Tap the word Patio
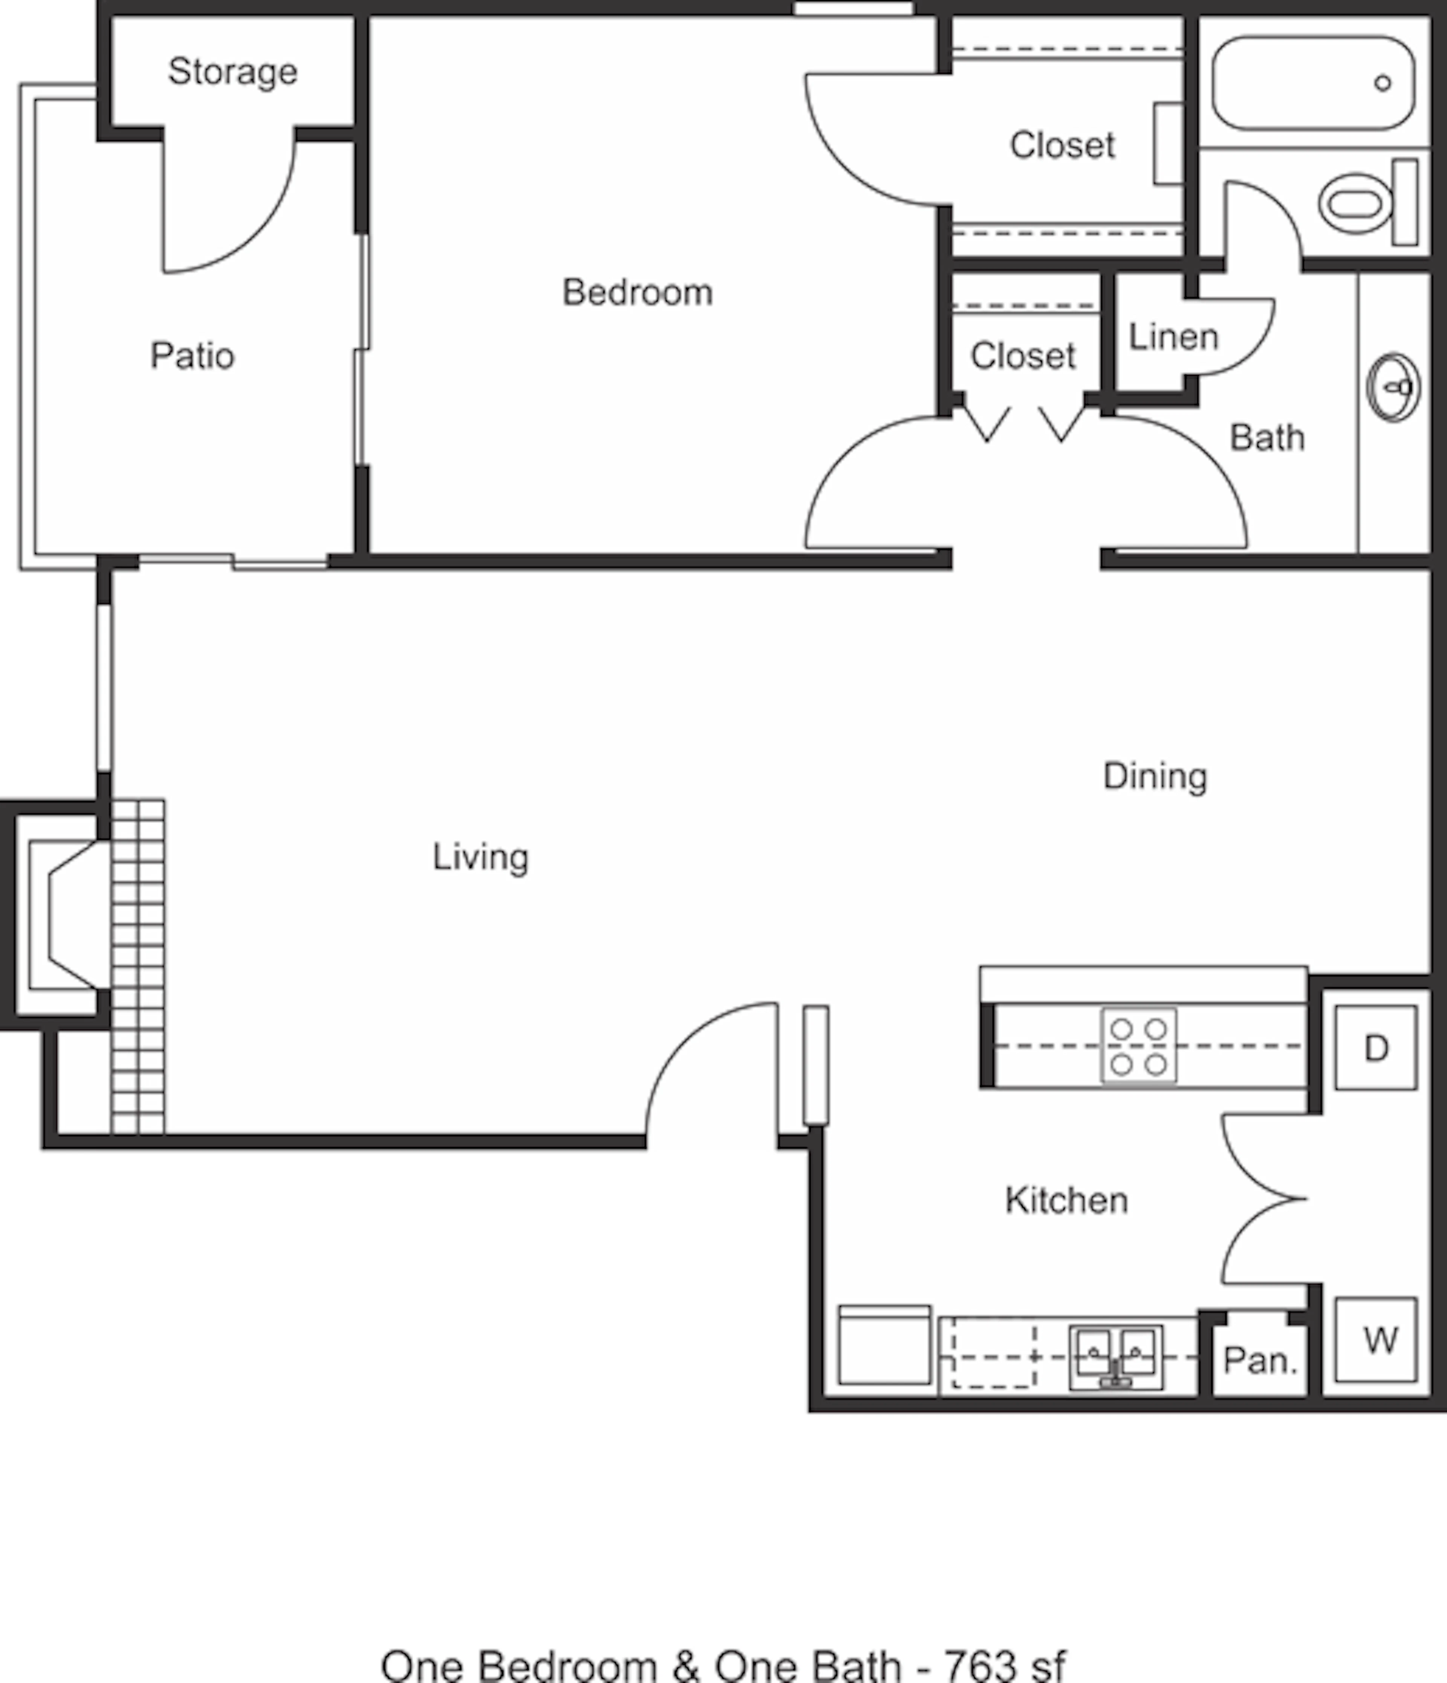[x=193, y=356]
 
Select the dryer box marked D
[x=1377, y=1048]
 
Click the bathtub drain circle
[x=1383, y=82]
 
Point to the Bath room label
[x=1267, y=438]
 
